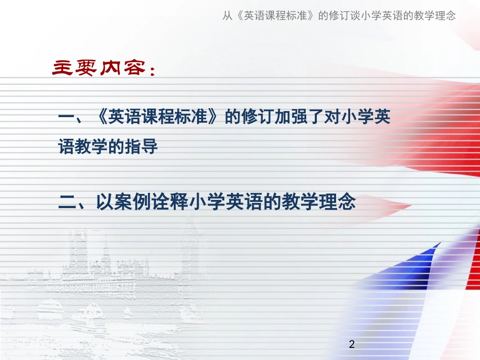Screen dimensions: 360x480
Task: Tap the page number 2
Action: pyautogui.click(x=352, y=345)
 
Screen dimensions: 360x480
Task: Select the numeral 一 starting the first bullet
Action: pyautogui.click(x=67, y=118)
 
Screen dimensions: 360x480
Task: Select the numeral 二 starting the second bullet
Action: pyautogui.click(x=67, y=203)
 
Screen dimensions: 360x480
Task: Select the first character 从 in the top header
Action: pyautogui.click(x=228, y=16)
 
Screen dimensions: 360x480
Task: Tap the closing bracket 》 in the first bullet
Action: pyautogui.click(x=216, y=118)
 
